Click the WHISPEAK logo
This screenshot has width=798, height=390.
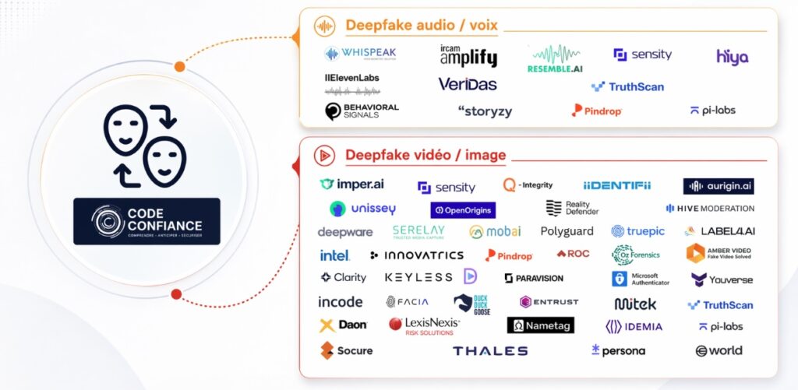pyautogui.click(x=360, y=54)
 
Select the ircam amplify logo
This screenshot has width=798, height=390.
pyautogui.click(x=468, y=54)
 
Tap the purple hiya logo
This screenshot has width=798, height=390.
pyautogui.click(x=732, y=56)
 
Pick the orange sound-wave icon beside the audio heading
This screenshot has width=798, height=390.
pyautogui.click(x=324, y=26)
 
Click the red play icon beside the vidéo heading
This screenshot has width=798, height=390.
pyautogui.click(x=324, y=155)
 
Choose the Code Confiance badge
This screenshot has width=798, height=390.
pyautogui.click(x=147, y=221)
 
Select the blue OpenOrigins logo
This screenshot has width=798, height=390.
pyautogui.click(x=463, y=210)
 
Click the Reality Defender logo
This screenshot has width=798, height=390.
pyautogui.click(x=572, y=208)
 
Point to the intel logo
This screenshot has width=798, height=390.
pyautogui.click(x=334, y=255)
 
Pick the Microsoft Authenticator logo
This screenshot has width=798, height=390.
pyautogui.click(x=641, y=279)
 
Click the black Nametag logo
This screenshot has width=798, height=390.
pyautogui.click(x=540, y=325)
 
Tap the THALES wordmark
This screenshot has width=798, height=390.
pyautogui.click(x=490, y=351)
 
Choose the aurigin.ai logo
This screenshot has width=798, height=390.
pyautogui.click(x=719, y=186)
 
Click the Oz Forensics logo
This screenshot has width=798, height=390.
pyautogui.click(x=637, y=255)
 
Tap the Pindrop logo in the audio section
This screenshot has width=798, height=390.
pyautogui.click(x=596, y=111)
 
